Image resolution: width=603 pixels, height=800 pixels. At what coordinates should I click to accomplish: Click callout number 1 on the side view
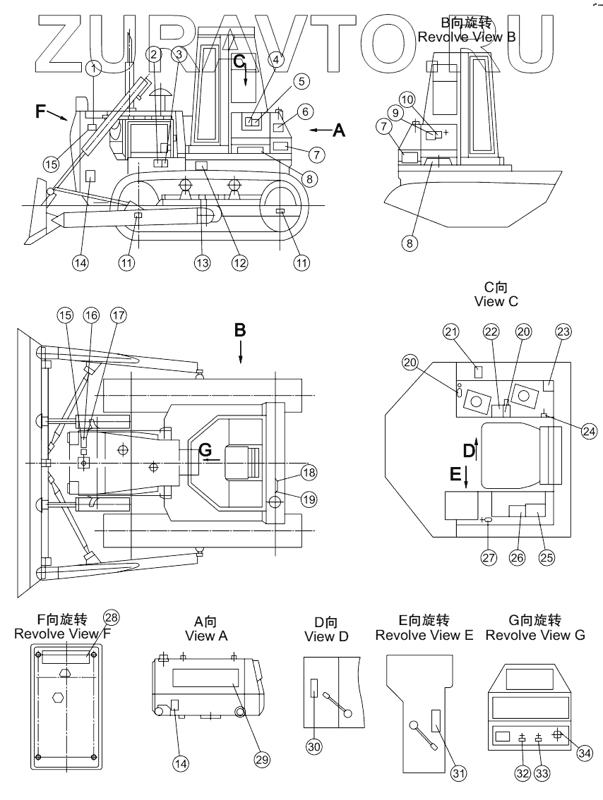95,68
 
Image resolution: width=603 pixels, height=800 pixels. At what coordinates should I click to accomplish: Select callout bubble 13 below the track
203,262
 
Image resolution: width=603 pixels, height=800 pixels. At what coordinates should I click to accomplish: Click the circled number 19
309,499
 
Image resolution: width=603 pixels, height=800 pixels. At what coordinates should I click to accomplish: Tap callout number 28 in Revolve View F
111,617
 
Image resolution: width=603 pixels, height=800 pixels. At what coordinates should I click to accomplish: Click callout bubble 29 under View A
262,760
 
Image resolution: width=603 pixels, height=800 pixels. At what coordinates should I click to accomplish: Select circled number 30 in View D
312,744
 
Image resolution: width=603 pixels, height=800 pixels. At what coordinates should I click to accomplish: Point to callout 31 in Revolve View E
459,774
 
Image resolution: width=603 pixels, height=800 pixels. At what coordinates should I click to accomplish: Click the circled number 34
585,753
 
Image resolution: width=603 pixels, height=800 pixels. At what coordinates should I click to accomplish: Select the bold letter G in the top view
205,448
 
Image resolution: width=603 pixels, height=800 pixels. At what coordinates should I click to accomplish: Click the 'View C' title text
496,301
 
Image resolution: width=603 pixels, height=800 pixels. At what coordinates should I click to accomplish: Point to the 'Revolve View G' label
535,635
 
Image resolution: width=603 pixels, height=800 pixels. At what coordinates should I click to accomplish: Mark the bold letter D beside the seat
467,450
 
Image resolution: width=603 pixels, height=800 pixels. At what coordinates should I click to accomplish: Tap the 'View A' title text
206,636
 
